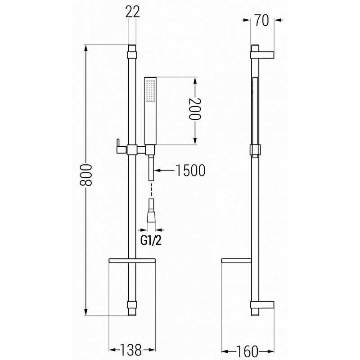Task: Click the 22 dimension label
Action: point(132,12)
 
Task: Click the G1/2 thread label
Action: point(151,240)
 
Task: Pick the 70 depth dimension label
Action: point(261,20)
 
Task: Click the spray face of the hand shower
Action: point(150,92)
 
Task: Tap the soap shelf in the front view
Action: point(132,260)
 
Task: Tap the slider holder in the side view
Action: point(255,149)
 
